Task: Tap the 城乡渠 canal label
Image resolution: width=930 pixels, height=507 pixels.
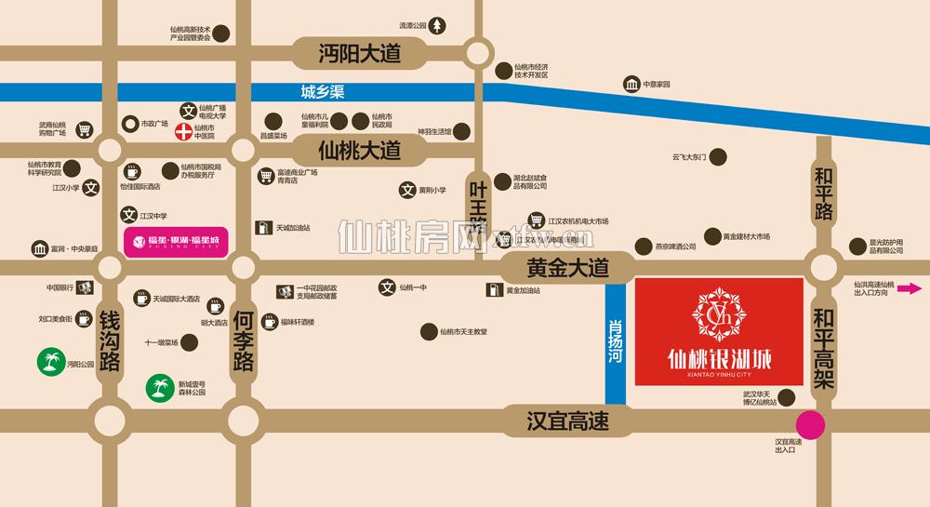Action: (x=321, y=92)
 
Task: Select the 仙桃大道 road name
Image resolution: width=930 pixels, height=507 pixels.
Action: (x=358, y=149)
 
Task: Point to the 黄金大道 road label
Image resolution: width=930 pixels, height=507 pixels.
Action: (x=566, y=269)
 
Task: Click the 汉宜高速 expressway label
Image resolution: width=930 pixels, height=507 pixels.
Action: (x=566, y=421)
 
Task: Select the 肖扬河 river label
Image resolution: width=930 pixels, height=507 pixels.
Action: (x=615, y=343)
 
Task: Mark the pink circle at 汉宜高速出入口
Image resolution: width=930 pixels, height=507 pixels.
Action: (x=813, y=424)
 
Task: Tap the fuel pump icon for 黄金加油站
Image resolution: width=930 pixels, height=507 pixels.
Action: (x=491, y=290)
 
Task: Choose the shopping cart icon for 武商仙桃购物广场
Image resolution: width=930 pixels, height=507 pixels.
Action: (x=85, y=129)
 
